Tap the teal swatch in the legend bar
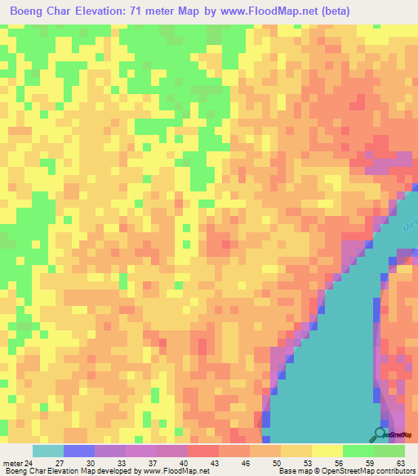47,451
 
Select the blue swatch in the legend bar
78,451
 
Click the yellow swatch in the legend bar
327,451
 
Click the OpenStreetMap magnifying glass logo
380,435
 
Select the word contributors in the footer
394,471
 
